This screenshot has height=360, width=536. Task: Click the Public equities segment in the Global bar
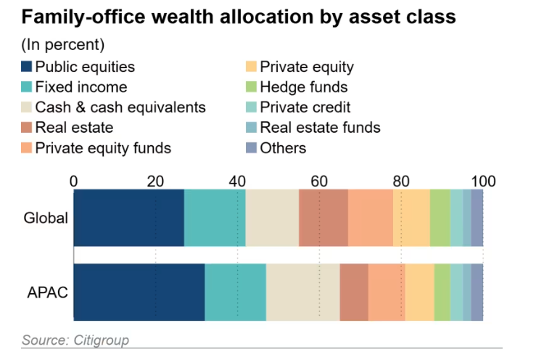pos(129,218)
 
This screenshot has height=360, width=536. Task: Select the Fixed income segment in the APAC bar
pos(235,292)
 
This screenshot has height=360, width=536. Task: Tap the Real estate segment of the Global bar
pos(323,218)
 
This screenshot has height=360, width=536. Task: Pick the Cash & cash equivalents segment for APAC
pos(302,292)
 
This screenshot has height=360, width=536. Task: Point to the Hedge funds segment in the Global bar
pos(440,218)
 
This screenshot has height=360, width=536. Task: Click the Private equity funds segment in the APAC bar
pos(387,292)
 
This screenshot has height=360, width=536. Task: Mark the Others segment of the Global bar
pos(477,218)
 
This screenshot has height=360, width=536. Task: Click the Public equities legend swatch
pos(27,67)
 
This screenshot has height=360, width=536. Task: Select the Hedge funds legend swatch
pos(252,88)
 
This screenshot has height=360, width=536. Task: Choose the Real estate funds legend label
pos(320,128)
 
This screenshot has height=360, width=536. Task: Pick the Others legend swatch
pos(252,148)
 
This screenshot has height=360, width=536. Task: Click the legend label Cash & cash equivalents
pos(120,107)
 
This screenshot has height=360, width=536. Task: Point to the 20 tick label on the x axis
pos(155,181)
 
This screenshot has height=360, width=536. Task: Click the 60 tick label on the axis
pos(319,181)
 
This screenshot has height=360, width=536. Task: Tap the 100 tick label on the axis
pos(482,181)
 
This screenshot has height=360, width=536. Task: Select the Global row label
pos(46,218)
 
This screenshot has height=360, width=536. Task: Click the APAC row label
pos(47,292)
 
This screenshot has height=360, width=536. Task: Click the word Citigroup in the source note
pos(99,340)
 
